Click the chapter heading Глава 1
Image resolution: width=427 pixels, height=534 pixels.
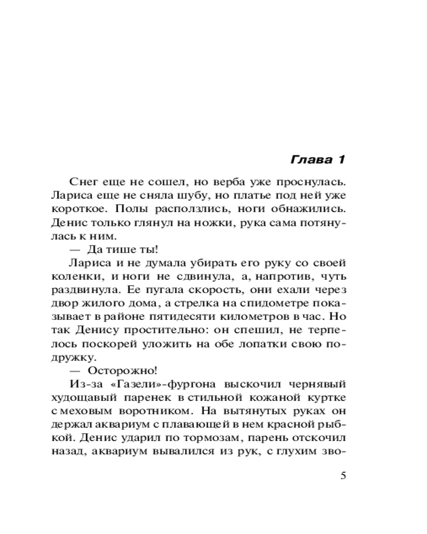pos(319,160)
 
